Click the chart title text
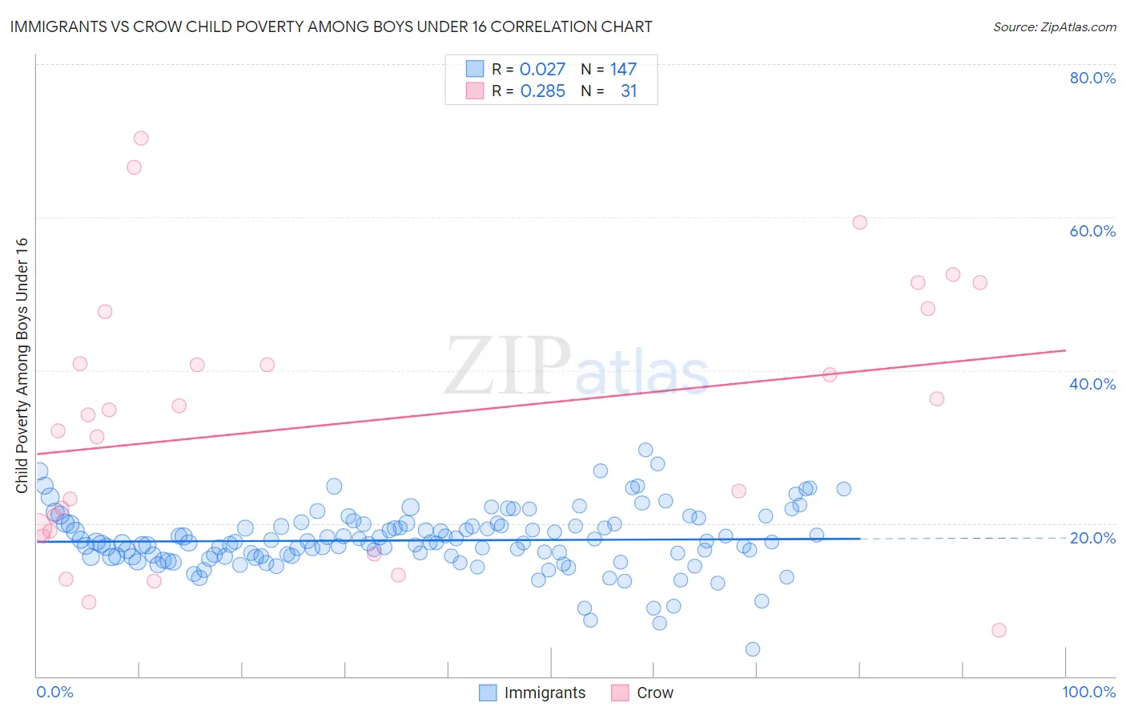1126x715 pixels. pos(331,26)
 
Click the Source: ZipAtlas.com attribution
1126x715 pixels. pos(1054,26)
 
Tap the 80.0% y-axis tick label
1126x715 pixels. pos(1092,78)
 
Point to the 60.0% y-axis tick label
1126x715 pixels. pos(1092,231)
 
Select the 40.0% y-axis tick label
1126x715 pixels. pos(1092,384)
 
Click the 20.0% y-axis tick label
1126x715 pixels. pos(1092,537)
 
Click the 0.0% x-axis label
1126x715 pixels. pos(54,692)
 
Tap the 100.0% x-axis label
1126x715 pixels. pos(1088,692)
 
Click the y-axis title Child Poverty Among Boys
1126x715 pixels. pos(22,366)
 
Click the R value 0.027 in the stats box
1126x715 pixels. pos(542,70)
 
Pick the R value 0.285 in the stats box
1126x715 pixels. pos(542,91)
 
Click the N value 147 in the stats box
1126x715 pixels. pos(623,70)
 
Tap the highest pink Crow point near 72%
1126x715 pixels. pos(141,138)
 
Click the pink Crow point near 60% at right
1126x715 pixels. pos(859,223)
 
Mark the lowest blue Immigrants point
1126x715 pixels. pos(753,649)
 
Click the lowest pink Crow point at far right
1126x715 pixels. pos(999,630)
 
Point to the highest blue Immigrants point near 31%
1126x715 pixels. pos(645,450)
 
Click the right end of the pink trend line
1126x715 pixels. pos(1065,350)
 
